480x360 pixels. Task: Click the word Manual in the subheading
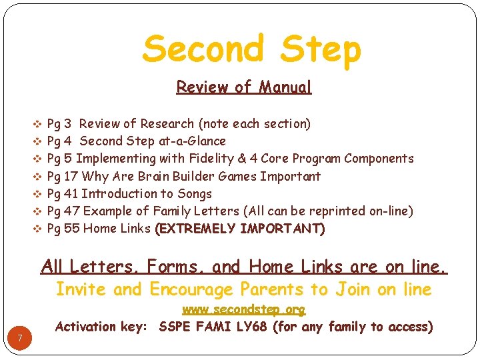285,87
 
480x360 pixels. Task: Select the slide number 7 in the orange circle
21,339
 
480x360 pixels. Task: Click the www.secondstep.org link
244,310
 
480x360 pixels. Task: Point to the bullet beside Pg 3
37,124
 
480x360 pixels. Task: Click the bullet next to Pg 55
37,229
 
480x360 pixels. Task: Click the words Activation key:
104,327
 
